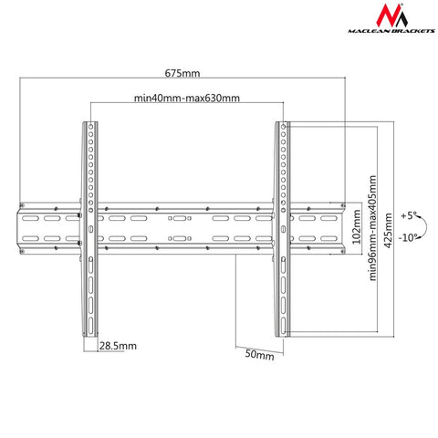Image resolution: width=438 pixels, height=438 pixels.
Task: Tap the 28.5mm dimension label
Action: click(x=118, y=347)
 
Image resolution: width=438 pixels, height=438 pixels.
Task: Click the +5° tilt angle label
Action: click(x=408, y=216)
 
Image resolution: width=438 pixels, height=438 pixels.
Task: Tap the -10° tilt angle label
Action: click(x=407, y=238)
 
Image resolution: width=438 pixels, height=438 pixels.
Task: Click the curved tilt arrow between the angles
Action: click(x=421, y=227)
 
